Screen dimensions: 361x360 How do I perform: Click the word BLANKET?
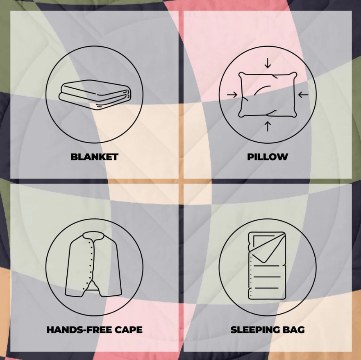(94, 157)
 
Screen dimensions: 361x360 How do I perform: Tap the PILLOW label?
(268, 157)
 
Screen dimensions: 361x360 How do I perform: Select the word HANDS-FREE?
(79, 330)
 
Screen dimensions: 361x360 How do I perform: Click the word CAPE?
(129, 330)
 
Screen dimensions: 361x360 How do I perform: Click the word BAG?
(294, 330)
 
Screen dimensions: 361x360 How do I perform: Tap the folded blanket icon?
(95, 95)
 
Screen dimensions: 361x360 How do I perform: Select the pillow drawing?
(268, 95)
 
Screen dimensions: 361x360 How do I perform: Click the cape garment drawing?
(93, 264)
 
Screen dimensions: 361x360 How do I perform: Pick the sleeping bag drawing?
(267, 265)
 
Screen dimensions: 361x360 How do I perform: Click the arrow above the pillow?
(268, 63)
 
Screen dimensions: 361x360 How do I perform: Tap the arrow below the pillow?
(268, 127)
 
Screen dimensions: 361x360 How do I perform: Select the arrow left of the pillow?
(232, 94)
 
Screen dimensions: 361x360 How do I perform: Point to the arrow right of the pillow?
(303, 94)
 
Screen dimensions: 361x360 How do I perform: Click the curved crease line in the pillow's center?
(262, 90)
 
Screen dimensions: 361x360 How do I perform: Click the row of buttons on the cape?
(91, 265)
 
